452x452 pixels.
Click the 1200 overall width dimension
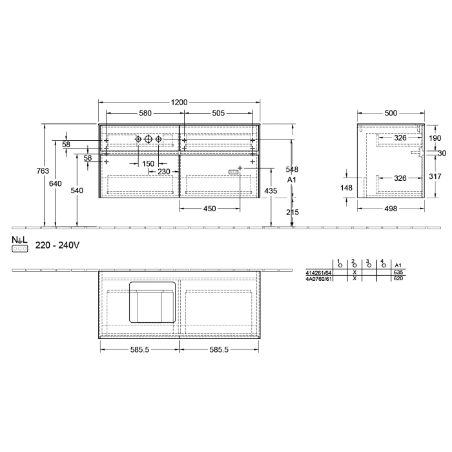click(x=179, y=102)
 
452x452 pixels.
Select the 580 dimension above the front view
click(x=145, y=113)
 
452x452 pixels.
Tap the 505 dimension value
click(x=218, y=113)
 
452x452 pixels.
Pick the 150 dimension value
click(x=149, y=163)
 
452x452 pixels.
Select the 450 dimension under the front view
click(x=209, y=209)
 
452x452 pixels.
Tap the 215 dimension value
click(x=292, y=212)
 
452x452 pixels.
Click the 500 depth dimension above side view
click(x=391, y=113)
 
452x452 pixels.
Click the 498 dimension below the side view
click(x=391, y=209)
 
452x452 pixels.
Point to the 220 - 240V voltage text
click(x=57, y=245)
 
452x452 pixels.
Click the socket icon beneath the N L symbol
click(x=20, y=248)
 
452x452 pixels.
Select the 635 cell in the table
click(x=398, y=272)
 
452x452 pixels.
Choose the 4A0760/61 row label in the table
click(x=318, y=278)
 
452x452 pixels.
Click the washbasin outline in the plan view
click(x=152, y=302)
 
